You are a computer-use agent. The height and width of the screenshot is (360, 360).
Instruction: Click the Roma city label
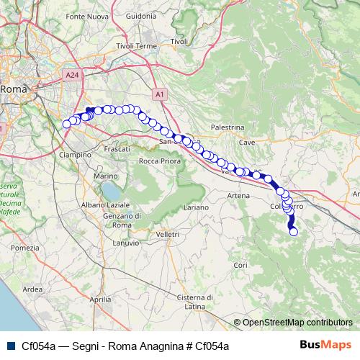(x=13, y=89)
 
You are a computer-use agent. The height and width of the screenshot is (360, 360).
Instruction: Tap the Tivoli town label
(x=179, y=42)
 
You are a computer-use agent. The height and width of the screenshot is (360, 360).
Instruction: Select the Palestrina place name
(x=228, y=127)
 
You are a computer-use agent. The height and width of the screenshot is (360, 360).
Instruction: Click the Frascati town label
(x=117, y=148)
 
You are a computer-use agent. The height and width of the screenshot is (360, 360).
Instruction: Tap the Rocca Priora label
(x=158, y=161)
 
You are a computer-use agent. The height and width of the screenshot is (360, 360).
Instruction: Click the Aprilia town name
(x=101, y=298)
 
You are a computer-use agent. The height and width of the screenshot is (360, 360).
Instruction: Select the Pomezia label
(x=25, y=248)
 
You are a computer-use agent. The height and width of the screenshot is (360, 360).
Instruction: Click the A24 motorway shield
(x=71, y=74)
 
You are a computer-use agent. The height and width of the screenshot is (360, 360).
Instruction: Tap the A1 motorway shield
(x=160, y=94)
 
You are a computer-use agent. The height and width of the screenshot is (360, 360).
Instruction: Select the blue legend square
(x=9, y=346)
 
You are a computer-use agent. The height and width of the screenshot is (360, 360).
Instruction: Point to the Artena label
(x=238, y=196)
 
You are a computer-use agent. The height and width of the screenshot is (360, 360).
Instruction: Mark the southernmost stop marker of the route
(x=293, y=232)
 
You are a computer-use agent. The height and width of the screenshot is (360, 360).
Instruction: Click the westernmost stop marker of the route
(x=67, y=124)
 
